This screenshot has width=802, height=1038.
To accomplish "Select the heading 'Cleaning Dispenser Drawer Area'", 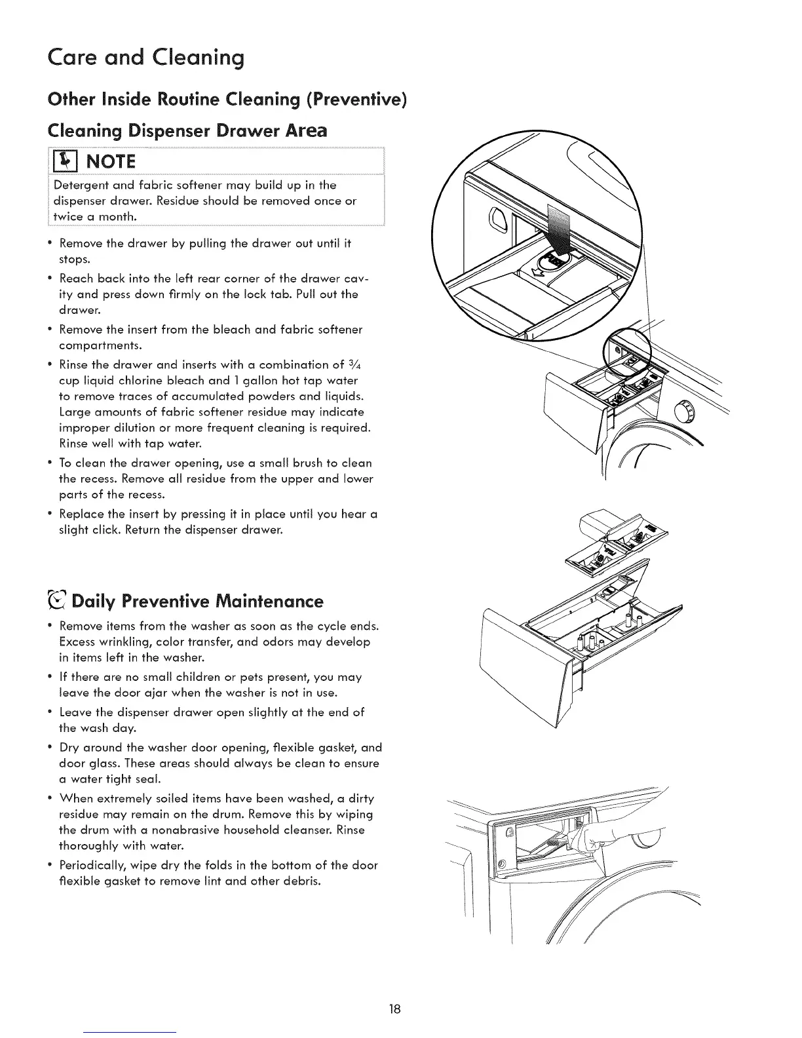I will tap(187, 130).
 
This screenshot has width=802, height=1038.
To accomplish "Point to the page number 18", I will tap(400, 1008).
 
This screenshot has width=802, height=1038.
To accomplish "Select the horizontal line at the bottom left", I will tap(131, 1032).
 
